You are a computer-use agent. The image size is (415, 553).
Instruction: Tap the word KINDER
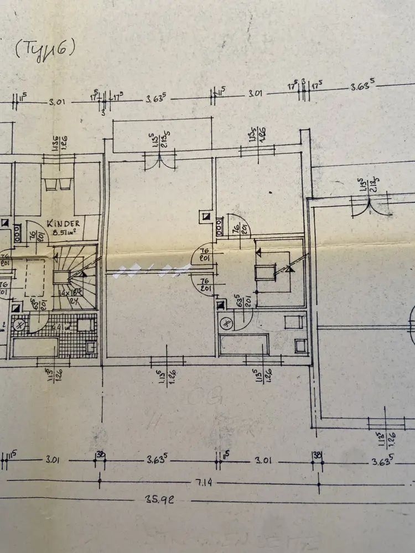(x=64, y=224)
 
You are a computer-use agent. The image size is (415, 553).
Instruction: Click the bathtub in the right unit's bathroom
(x=244, y=345)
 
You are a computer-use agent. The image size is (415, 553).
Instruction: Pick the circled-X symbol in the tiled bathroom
(x=19, y=325)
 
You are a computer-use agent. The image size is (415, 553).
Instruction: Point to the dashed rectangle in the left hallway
(x=37, y=279)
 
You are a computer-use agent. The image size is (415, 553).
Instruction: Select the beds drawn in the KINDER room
(x=58, y=185)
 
